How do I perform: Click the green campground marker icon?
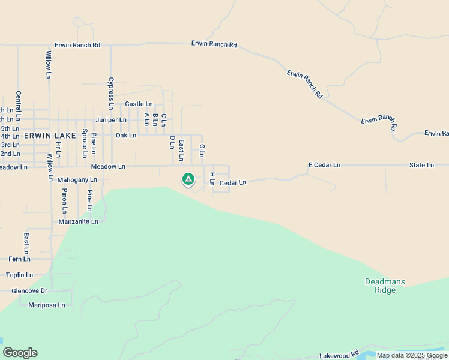click(x=188, y=179)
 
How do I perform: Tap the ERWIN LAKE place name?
click(x=50, y=136)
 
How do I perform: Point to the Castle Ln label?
click(x=139, y=104)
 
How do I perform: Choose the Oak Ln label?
click(x=126, y=136)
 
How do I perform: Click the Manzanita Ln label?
click(x=79, y=222)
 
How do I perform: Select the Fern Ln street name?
click(x=19, y=259)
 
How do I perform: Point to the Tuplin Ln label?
click(x=19, y=275)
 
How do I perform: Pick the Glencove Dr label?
click(x=29, y=291)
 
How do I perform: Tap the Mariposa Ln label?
click(x=47, y=305)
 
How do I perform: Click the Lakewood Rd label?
click(x=339, y=355)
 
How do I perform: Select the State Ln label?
click(x=421, y=165)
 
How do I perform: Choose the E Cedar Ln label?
click(x=324, y=165)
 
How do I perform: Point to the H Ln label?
click(x=212, y=178)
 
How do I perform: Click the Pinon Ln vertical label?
click(x=65, y=200)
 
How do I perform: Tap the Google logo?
click(x=20, y=353)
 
